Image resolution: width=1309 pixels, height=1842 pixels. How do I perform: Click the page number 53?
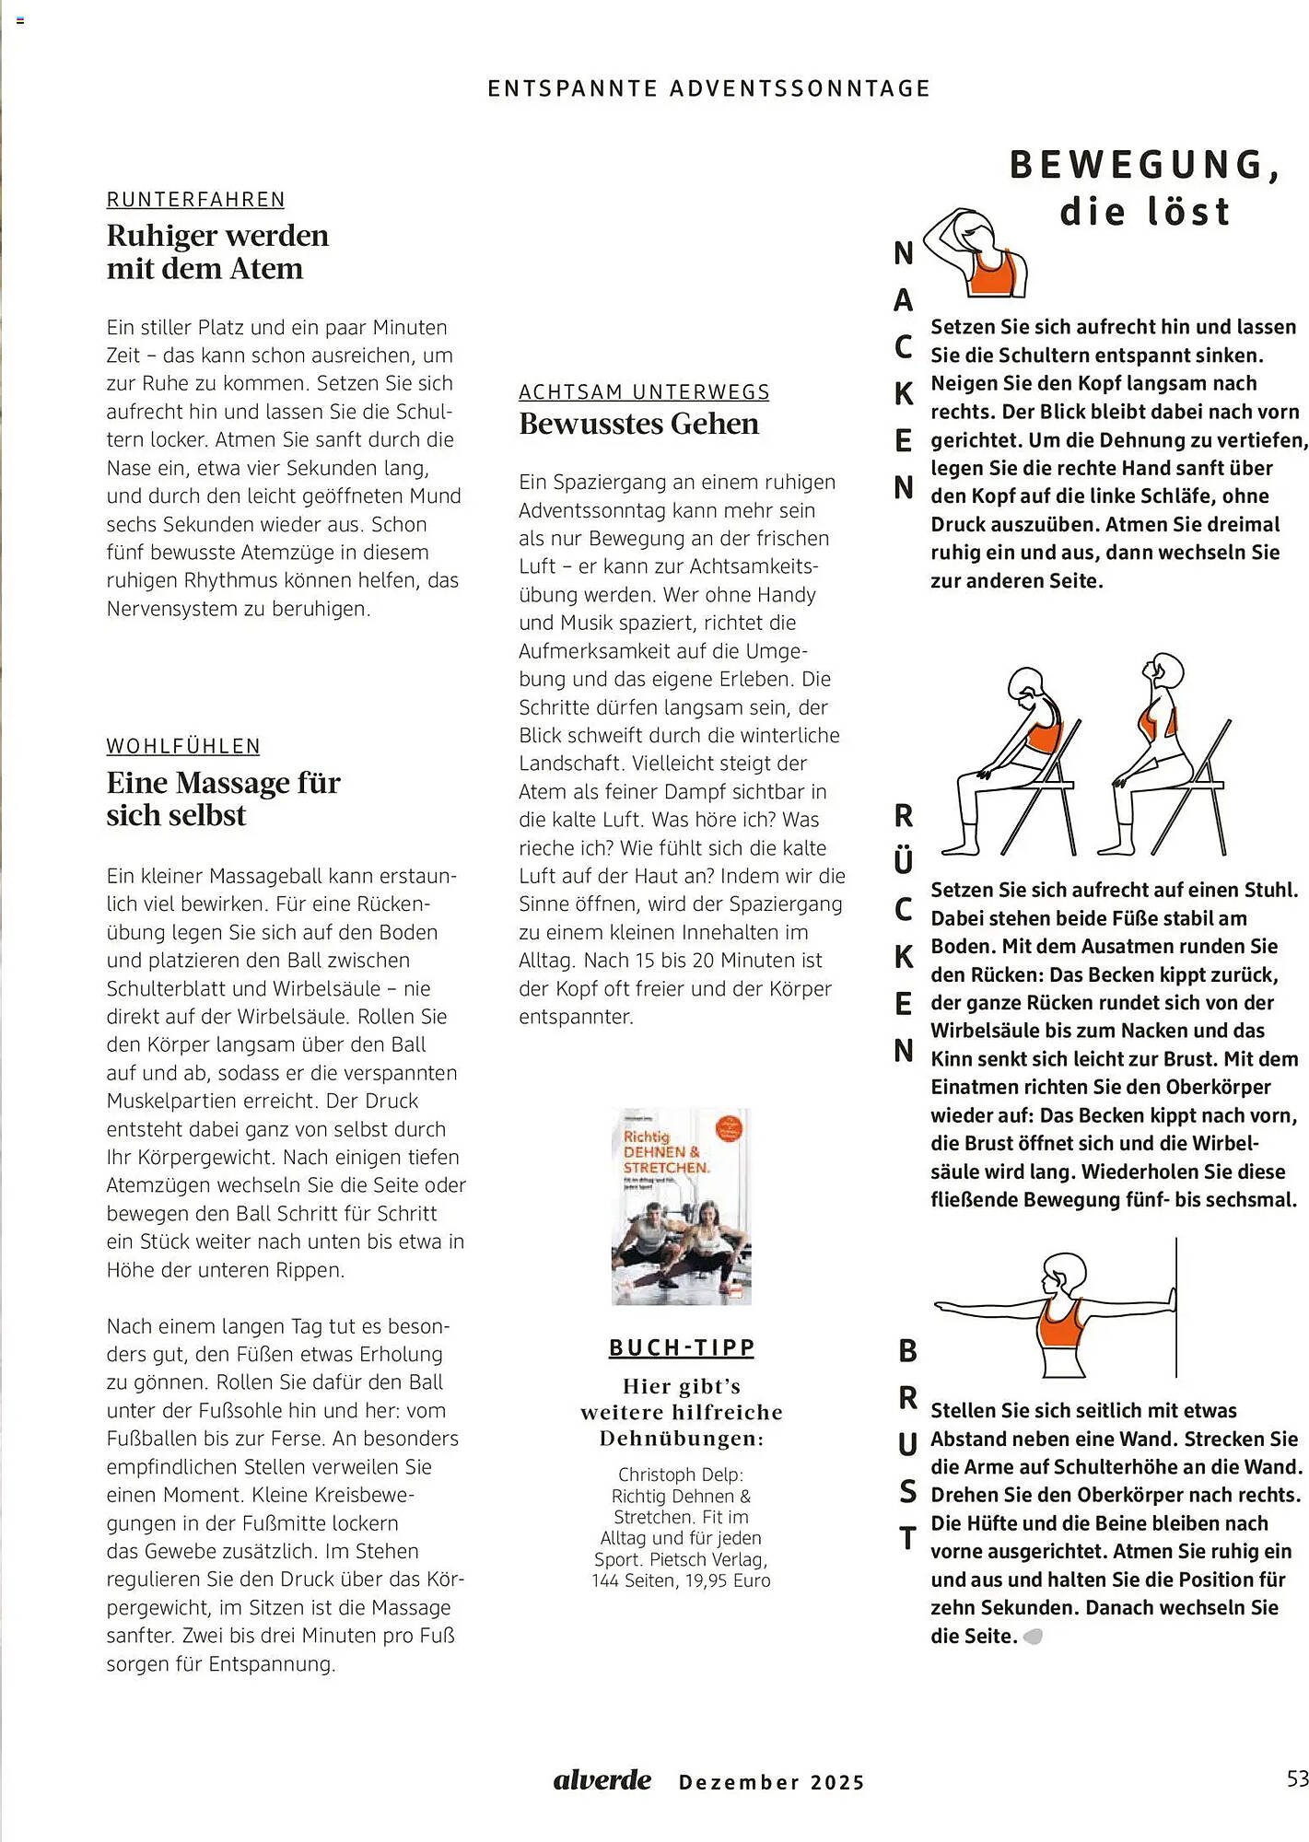click(x=1296, y=1778)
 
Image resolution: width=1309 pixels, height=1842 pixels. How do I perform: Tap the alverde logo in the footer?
click(x=602, y=1779)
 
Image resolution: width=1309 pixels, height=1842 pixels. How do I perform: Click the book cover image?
click(x=681, y=1206)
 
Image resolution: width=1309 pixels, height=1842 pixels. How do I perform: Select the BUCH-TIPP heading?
click(x=681, y=1347)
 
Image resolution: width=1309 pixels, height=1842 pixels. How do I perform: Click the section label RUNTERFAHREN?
click(x=195, y=200)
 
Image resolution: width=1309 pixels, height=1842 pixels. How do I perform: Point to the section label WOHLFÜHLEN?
click(x=183, y=746)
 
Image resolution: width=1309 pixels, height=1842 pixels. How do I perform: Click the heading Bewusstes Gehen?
click(x=638, y=424)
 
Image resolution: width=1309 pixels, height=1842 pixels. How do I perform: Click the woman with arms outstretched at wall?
click(x=1055, y=1312)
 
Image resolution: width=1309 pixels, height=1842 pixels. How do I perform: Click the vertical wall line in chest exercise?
click(x=1176, y=1308)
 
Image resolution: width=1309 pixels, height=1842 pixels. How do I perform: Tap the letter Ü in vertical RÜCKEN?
click(x=904, y=861)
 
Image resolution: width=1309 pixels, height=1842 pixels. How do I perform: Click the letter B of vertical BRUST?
click(x=907, y=1351)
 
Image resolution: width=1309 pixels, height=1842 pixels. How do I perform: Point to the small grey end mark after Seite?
click(x=1034, y=1637)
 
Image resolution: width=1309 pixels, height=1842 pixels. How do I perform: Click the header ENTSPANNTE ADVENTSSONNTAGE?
click(x=708, y=88)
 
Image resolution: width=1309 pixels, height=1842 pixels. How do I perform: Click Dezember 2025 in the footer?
click(x=771, y=1782)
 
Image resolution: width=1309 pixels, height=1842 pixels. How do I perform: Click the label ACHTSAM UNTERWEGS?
click(x=644, y=392)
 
